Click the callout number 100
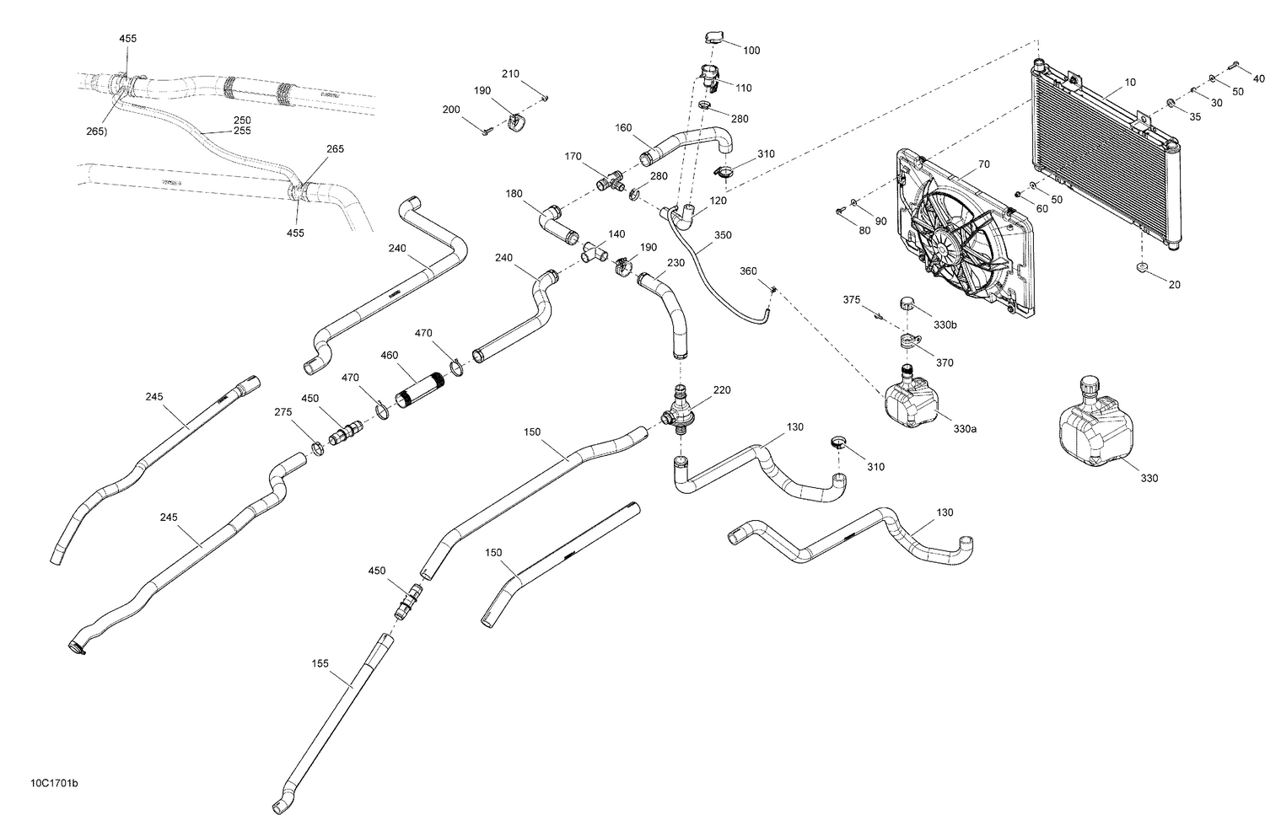pyautogui.click(x=751, y=51)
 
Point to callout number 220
pyautogui.click(x=722, y=390)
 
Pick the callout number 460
pyautogui.click(x=389, y=356)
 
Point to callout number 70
pyautogui.click(x=960, y=164)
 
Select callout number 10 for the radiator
pyautogui.click(x=1130, y=83)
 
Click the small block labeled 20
pyautogui.click(x=1140, y=269)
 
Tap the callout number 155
pyautogui.click(x=320, y=664)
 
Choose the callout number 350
pyautogui.click(x=723, y=235)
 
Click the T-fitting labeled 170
pyautogui.click(x=609, y=180)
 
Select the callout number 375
pyautogui.click(x=852, y=300)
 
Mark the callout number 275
pyautogui.click(x=283, y=412)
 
